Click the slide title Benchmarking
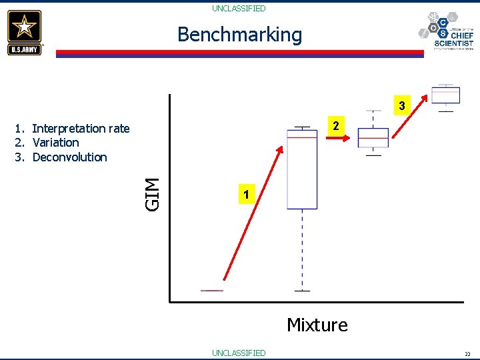[x=239, y=35]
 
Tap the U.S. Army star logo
[x=25, y=32]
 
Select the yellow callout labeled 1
[x=247, y=195]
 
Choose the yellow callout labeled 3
[x=401, y=105]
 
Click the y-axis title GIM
[x=153, y=194]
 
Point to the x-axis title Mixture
[x=317, y=325]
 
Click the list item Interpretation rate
[x=81, y=128]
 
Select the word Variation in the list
[x=55, y=143]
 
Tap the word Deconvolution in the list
[x=69, y=157]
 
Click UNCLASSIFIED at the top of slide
[x=239, y=9]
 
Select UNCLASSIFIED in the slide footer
[x=239, y=353]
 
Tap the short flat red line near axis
[x=212, y=291]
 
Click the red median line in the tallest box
[x=302, y=137]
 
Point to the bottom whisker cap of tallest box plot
[x=302, y=291]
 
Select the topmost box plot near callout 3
[x=445, y=95]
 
